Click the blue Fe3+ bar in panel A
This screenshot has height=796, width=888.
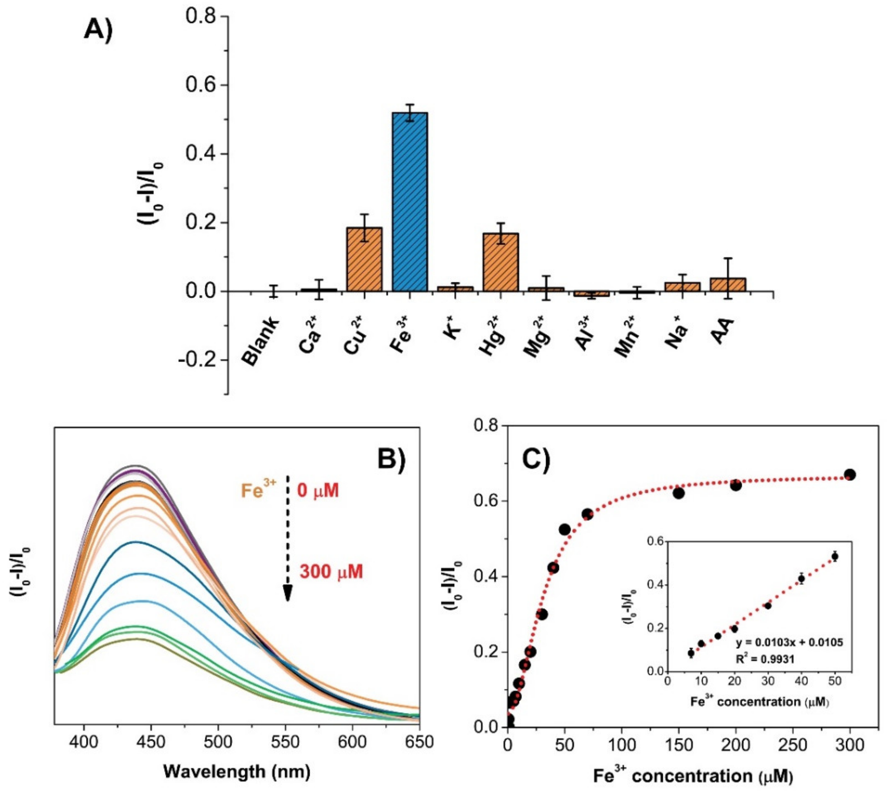409,202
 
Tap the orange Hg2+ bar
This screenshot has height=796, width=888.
501,262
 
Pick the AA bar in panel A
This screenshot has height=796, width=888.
728,285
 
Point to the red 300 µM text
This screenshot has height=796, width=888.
331,571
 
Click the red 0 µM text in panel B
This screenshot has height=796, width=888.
318,491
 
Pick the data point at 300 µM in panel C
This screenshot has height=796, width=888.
850,474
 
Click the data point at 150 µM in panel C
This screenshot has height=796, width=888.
679,493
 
